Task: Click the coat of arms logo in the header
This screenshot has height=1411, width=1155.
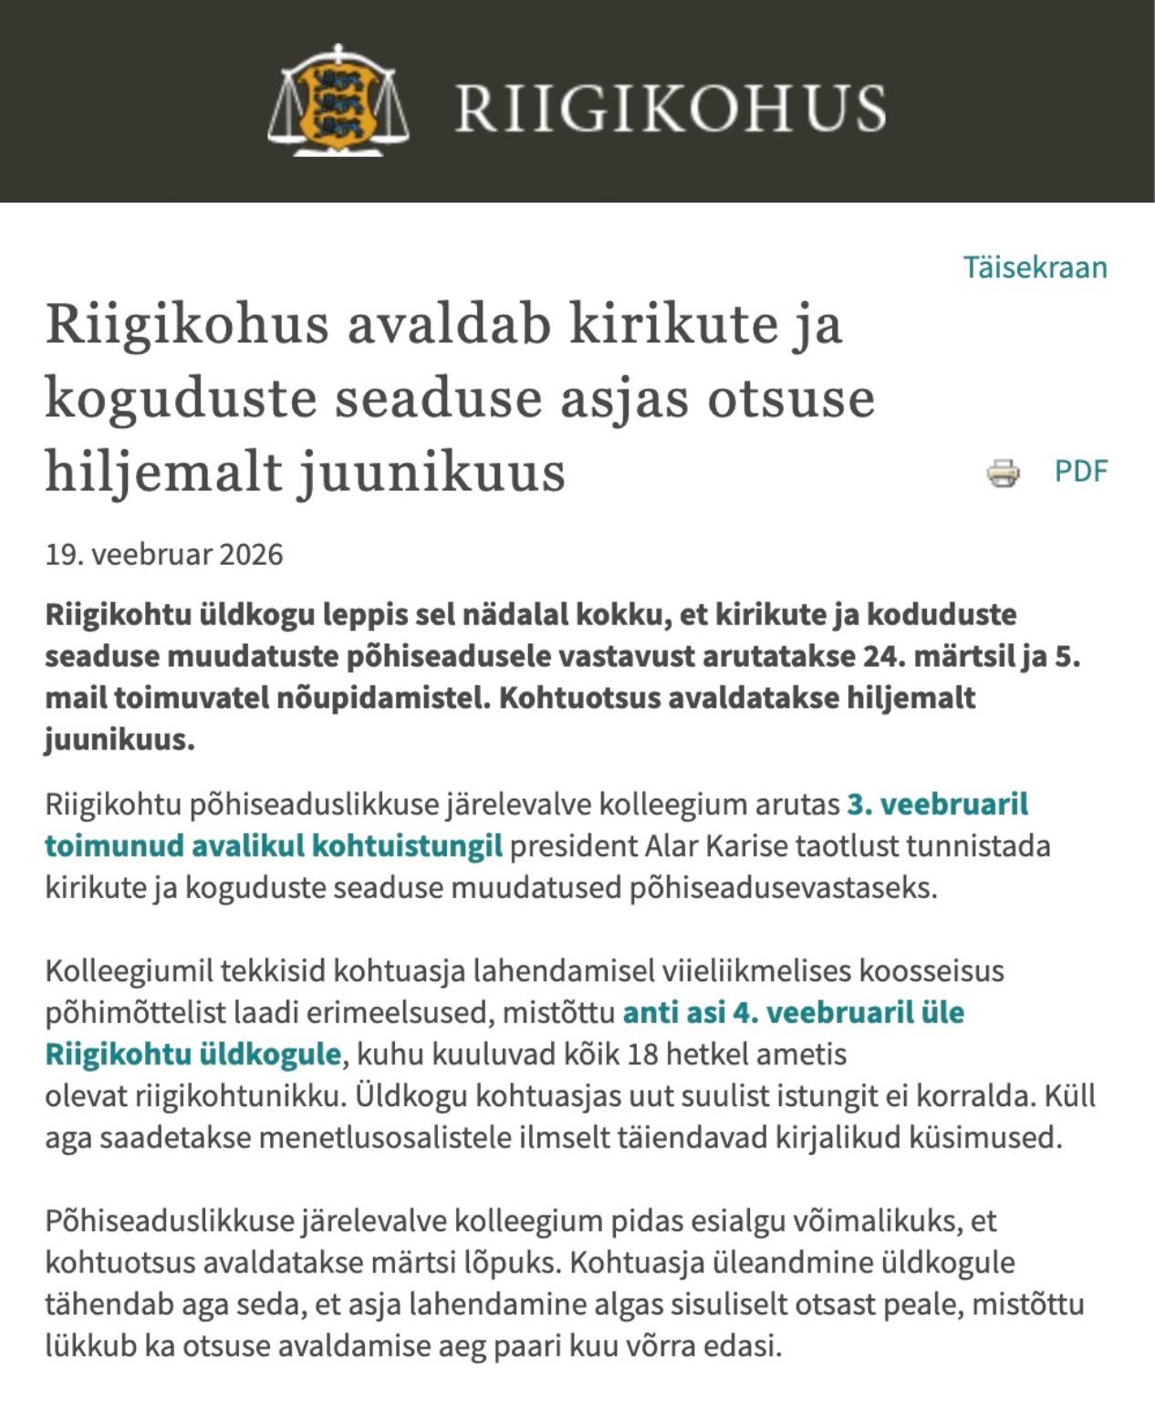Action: [338, 100]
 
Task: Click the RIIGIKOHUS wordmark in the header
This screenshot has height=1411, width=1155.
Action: [670, 108]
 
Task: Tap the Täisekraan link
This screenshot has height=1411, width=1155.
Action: [1035, 267]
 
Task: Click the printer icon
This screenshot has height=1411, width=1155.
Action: [1003, 472]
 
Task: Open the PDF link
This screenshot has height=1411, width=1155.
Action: [1080, 471]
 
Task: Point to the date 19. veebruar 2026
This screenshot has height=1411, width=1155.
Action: [164, 554]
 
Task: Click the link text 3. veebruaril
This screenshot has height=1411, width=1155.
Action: [937, 804]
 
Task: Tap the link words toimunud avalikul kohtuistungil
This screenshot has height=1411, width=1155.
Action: [274, 846]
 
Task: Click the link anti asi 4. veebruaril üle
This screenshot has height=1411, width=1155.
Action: [793, 1012]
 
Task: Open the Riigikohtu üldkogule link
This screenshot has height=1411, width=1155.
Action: [193, 1054]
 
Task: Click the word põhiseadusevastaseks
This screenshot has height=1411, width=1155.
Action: [783, 887]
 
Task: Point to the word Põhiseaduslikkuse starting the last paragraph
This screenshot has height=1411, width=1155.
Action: [169, 1220]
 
